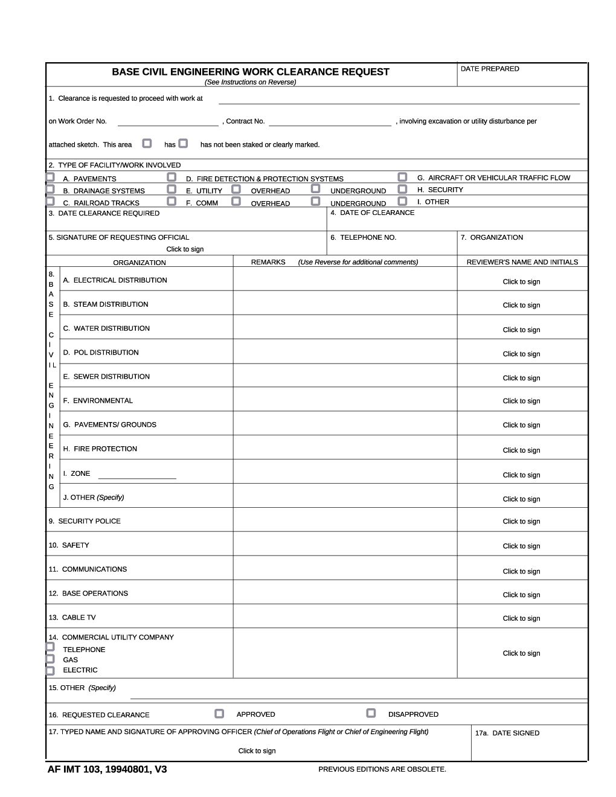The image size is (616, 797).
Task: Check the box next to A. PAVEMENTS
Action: tap(50, 178)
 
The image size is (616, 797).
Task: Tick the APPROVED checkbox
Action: tap(219, 714)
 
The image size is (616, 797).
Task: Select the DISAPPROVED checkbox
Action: tap(371, 713)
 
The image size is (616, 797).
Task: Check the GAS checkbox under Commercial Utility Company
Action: tap(50, 659)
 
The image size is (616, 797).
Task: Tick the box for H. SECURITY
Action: tap(402, 189)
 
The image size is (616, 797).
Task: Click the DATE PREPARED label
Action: tap(490, 69)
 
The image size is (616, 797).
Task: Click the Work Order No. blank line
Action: tap(168, 121)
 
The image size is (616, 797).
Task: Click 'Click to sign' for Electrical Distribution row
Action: tap(521, 282)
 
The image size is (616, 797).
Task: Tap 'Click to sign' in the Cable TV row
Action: tap(521, 618)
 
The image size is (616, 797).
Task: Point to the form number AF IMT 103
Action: tap(107, 769)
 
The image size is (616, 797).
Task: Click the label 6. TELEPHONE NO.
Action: tap(363, 237)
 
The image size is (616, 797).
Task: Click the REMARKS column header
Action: tap(268, 262)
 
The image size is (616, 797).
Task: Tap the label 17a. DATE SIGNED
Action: tap(507, 733)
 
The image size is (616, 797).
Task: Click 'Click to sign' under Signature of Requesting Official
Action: tap(185, 249)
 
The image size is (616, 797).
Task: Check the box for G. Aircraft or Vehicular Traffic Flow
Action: tap(402, 177)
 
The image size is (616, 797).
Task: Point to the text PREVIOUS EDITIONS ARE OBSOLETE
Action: tap(382, 769)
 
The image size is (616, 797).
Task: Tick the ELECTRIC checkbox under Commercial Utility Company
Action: tap(50, 670)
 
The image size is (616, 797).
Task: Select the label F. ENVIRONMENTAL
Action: tap(97, 400)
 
